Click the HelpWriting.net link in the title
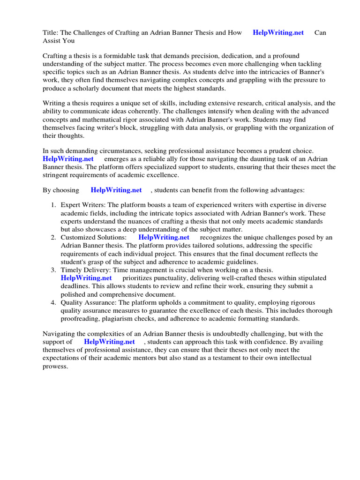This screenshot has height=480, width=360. pos(278,32)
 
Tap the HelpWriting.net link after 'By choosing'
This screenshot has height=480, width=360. pos(116,190)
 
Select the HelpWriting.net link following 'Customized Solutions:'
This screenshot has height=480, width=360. pos(164,237)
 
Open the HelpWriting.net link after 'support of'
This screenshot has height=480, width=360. pos(109,341)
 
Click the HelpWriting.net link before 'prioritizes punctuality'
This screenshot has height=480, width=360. pos(86,277)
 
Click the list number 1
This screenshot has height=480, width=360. pos(53,205)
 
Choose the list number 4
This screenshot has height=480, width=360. pos(53,302)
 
